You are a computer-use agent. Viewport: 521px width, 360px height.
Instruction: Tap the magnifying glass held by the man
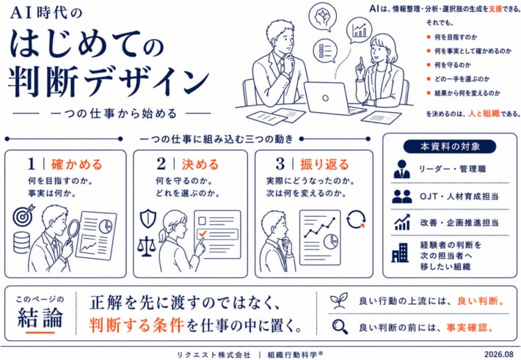pyautogui.click(x=73, y=233)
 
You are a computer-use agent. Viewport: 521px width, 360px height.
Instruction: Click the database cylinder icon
pyautogui.click(x=21, y=243)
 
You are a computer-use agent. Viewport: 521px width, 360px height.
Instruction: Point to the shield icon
pyautogui.click(x=147, y=218)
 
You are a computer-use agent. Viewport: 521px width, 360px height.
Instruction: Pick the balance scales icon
pyautogui.click(x=146, y=246)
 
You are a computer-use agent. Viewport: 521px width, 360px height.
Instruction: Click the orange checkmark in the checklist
pyautogui.click(x=203, y=233)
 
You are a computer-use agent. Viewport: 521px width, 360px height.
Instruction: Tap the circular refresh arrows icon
pyautogui.click(x=356, y=219)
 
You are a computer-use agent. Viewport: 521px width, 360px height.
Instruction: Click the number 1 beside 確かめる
pyautogui.click(x=32, y=164)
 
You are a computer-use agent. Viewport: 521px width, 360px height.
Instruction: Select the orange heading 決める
pyautogui.click(x=200, y=164)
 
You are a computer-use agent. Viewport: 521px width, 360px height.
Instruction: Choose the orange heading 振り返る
pyautogui.click(x=324, y=164)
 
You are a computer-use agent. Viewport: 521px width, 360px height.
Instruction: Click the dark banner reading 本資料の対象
pyautogui.click(x=450, y=147)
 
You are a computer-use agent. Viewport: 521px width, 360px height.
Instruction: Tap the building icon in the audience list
pyautogui.click(x=400, y=253)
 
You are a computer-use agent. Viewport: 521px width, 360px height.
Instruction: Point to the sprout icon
pyautogui.click(x=339, y=300)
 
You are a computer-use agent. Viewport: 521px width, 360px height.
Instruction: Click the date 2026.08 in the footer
pyautogui.click(x=498, y=354)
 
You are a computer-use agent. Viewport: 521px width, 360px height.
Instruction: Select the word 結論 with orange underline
pyautogui.click(x=40, y=317)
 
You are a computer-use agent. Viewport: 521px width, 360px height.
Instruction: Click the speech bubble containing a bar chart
pyautogui.click(x=359, y=31)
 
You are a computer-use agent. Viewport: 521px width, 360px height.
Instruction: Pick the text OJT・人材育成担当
pyautogui.click(x=459, y=196)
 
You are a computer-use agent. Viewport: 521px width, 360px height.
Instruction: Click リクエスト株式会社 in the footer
pyautogui.click(x=214, y=355)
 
